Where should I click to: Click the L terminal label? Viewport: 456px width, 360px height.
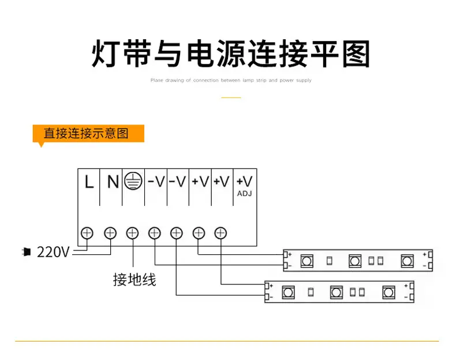pyautogui.click(x=89, y=182)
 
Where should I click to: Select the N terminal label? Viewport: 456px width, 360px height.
pyautogui.click(x=113, y=182)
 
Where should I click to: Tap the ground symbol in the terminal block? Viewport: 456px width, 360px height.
pyautogui.click(x=133, y=181)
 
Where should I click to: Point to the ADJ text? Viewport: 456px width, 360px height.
pyautogui.click(x=245, y=193)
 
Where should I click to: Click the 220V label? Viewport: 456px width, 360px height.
pyautogui.click(x=53, y=252)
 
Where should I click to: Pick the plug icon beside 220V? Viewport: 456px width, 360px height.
pyautogui.click(x=27, y=252)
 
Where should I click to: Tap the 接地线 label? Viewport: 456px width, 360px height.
pyautogui.click(x=134, y=279)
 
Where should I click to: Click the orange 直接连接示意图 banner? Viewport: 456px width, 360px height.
pyautogui.click(x=88, y=133)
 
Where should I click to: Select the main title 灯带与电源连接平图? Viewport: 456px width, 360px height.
pyautogui.click(x=231, y=54)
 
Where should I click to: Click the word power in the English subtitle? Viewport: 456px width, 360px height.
pyautogui.click(x=286, y=80)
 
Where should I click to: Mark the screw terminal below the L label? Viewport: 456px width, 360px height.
pyautogui.click(x=87, y=233)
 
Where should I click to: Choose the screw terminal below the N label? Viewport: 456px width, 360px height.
pyautogui.click(x=110, y=233)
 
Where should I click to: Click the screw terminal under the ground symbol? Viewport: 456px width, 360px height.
pyautogui.click(x=132, y=233)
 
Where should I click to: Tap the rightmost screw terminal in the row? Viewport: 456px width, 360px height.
pyautogui.click(x=220, y=233)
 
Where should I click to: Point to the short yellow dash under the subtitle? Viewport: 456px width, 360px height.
pyautogui.click(x=231, y=97)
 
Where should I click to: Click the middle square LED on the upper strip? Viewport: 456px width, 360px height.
pyautogui.click(x=355, y=261)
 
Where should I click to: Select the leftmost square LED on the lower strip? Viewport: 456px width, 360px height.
pyautogui.click(x=288, y=292)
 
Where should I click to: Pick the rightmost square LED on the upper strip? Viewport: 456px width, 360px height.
pyautogui.click(x=407, y=261)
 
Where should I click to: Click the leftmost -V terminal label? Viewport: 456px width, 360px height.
pyautogui.click(x=156, y=182)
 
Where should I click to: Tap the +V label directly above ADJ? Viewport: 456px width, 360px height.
pyautogui.click(x=245, y=182)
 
